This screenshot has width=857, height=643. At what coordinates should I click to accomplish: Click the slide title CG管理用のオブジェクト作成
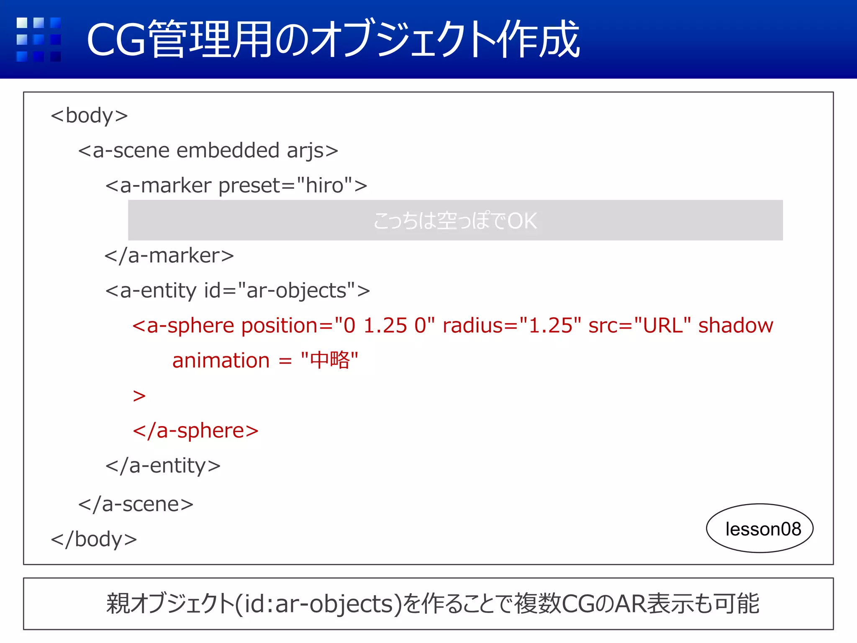pos(333,39)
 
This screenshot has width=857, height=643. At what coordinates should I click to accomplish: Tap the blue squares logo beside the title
pos(38,39)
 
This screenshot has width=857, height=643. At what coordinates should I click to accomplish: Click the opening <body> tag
pos(89,116)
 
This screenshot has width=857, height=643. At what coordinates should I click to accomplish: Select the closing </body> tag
pos(94,539)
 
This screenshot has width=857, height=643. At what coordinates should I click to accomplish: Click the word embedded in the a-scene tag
pos(228,150)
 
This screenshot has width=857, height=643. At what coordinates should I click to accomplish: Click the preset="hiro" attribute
pos(285,185)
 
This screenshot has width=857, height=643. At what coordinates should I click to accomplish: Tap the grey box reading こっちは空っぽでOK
pos(455,220)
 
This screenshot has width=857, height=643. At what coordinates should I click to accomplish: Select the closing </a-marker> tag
pos(169,255)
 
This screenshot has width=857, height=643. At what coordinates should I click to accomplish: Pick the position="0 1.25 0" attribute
pos(338,326)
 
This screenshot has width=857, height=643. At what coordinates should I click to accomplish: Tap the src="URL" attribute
pos(639,326)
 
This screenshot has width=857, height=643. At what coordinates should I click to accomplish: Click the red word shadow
pos(736,326)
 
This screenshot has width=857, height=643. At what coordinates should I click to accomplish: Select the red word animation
pos(221,361)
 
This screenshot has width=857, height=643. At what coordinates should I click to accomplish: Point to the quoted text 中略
pos(329,360)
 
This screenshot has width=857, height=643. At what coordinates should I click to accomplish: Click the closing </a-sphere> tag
pos(195,431)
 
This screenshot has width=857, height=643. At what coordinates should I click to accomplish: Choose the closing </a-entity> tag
pos(163,466)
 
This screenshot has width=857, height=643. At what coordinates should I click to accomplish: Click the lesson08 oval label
pos(759,529)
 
